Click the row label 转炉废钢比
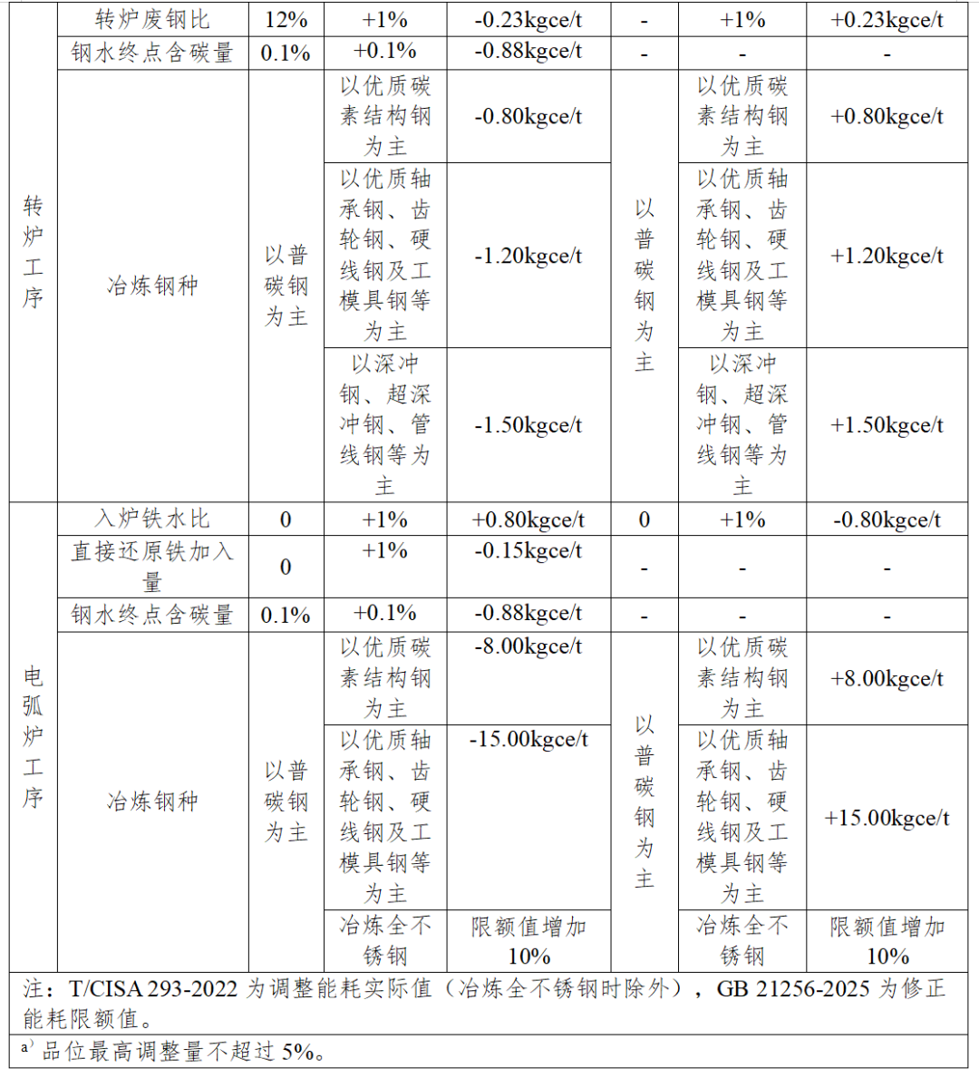pos(152,20)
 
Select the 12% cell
pos(286,20)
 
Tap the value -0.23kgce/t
pos(528,20)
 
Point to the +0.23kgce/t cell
pos(887,20)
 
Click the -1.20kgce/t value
pos(528,257)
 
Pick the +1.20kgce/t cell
pos(887,257)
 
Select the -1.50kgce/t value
pos(528,426)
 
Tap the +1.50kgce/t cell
pos(887,426)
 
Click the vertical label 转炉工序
pos(34,252)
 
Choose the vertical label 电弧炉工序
pos(34,736)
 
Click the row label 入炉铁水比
pos(152,520)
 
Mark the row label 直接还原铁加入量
pos(152,566)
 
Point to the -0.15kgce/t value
pos(528,551)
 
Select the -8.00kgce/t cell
pos(528,647)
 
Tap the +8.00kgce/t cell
pos(887,679)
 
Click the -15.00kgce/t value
pos(528,741)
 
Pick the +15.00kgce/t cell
pos(887,819)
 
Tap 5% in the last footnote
pos(298,1052)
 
